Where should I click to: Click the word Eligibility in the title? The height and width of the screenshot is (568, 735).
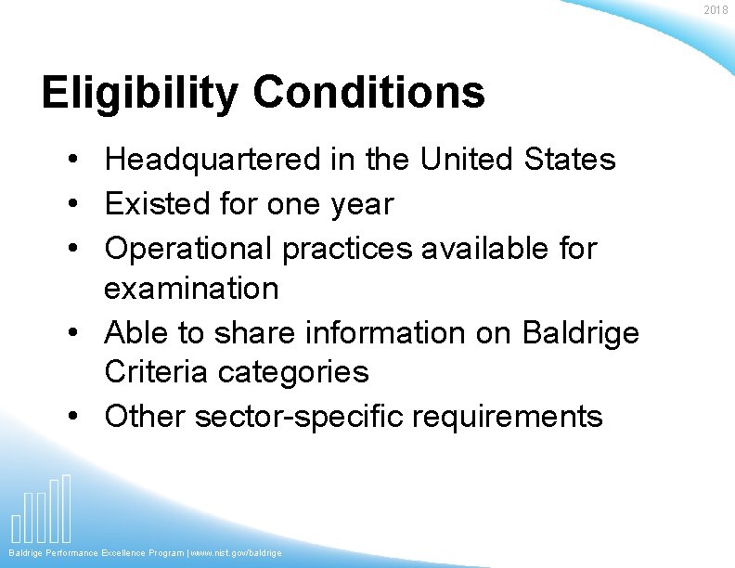coord(138,93)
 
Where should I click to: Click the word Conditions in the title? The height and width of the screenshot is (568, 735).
coord(367,92)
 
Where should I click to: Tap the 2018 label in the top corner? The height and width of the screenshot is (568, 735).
coord(716,9)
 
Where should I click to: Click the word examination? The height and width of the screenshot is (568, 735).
coord(191,289)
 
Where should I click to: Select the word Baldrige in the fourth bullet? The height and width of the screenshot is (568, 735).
coord(581,332)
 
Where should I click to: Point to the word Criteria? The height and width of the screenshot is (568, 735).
coord(156,372)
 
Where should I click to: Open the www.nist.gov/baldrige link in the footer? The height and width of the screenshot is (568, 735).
coord(237,553)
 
